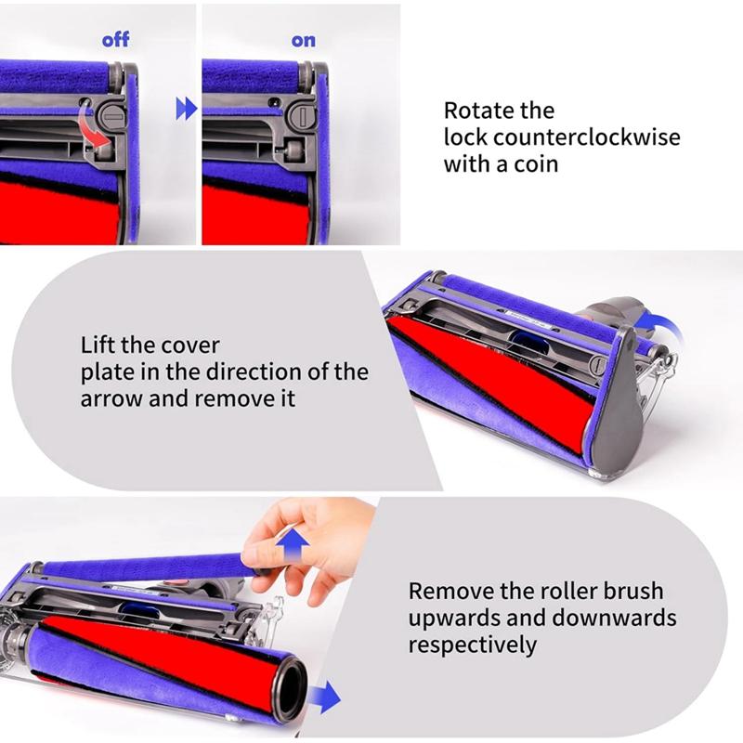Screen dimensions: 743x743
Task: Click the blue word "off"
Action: (x=115, y=40)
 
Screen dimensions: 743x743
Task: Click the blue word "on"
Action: (x=304, y=40)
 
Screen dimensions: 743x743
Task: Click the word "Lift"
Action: (x=98, y=345)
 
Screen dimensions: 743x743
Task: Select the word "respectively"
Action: (x=473, y=644)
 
